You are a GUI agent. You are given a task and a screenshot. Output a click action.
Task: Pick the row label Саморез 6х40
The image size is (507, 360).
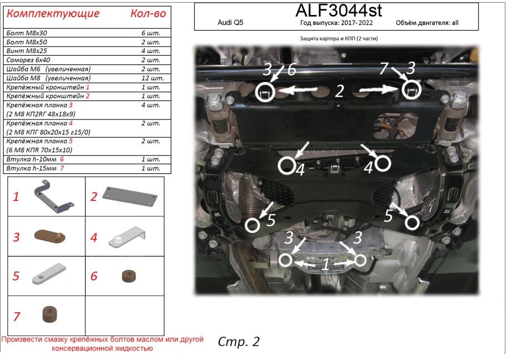click(x=28, y=61)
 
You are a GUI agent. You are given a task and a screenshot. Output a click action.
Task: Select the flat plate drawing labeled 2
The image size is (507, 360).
click(x=132, y=194)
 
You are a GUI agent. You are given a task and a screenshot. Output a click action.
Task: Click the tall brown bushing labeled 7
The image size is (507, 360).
click(x=50, y=314)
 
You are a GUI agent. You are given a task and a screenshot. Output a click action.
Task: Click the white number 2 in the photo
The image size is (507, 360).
click(x=339, y=91)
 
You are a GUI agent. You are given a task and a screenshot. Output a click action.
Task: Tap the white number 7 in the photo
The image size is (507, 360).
click(x=383, y=69)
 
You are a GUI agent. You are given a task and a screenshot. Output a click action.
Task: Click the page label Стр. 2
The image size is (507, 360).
click(x=239, y=341)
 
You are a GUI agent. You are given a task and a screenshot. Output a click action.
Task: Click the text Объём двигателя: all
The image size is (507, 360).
click(x=428, y=24)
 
